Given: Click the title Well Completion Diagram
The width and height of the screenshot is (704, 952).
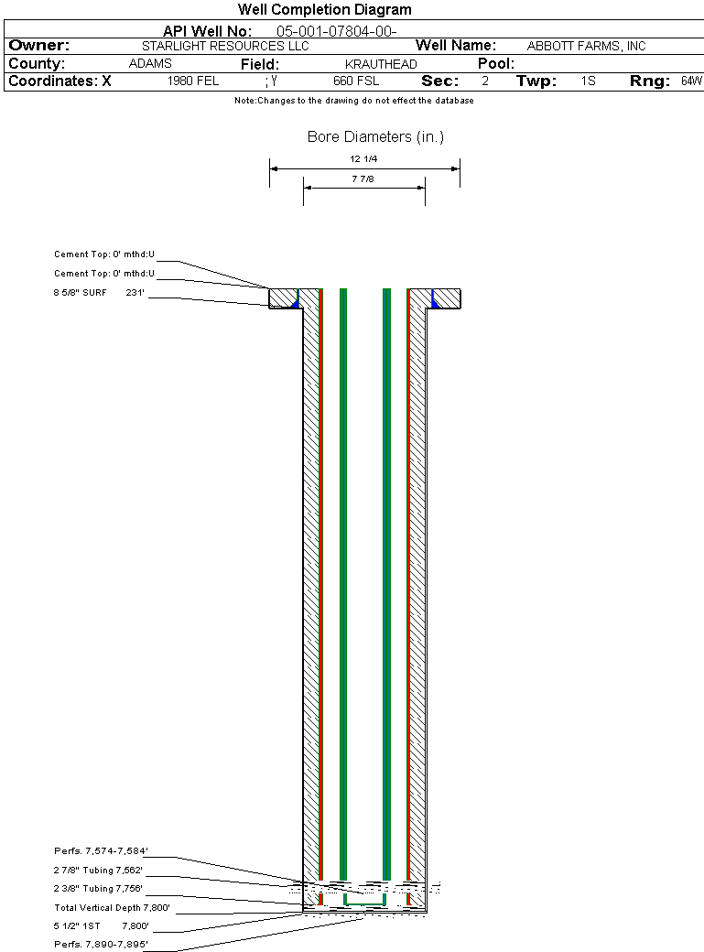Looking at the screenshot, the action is coord(324,10).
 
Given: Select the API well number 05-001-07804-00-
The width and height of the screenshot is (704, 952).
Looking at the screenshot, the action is coord(337,31).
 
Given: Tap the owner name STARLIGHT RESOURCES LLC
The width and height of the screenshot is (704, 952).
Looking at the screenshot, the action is coord(225,46).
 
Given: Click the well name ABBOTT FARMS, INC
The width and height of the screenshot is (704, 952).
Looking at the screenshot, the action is coord(586,46).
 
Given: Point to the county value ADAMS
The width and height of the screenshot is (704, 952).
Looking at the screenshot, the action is coord(151,63).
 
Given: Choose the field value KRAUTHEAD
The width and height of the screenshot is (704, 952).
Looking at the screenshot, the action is coord(381,64).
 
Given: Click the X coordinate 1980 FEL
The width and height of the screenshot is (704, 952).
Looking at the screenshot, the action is coord(193,81).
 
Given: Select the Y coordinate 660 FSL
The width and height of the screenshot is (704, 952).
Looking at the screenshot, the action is coord(356,81).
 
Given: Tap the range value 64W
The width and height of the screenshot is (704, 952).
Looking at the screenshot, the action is coord(691,81).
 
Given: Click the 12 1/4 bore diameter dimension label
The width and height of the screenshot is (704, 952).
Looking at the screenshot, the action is coord(363,159).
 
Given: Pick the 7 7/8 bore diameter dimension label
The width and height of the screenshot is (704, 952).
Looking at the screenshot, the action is coord(363,179).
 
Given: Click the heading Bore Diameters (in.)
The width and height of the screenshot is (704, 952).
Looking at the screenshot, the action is coord(375,137).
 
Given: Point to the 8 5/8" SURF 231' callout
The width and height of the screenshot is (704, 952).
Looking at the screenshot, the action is coord(99,293).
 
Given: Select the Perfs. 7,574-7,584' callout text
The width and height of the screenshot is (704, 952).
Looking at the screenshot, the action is coord(101,851).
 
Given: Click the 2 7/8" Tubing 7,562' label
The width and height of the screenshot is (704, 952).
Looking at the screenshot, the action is coord(98,870).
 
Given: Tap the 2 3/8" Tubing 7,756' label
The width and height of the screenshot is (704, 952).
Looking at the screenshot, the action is coord(98,888).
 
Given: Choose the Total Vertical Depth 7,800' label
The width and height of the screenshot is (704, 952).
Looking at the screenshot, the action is coord(112,908).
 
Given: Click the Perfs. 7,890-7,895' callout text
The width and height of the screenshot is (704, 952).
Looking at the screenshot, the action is coord(101,944).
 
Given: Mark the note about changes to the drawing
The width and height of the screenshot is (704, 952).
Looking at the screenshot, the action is coord(354,101).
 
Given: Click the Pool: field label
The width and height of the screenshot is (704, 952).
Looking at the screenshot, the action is coord(495,64).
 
